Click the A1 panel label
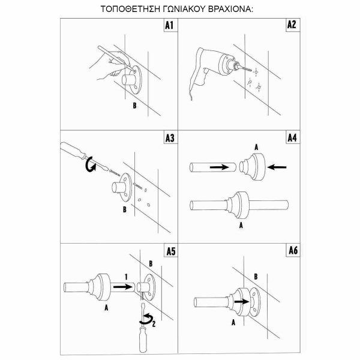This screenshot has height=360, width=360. [x=169, y=25]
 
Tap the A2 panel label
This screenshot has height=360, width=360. [x=292, y=25]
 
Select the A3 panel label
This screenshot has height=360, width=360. [x=170, y=138]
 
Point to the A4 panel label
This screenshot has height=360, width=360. [x=292, y=138]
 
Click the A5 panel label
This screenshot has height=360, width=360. [x=171, y=251]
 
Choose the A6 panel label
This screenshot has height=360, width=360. [x=293, y=250]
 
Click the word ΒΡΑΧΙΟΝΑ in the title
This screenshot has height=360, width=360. [x=230, y=9]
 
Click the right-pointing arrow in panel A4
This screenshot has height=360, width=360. [x=220, y=167]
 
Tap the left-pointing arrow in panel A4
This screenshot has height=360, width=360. [x=277, y=167]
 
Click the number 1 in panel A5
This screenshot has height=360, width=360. [x=126, y=277]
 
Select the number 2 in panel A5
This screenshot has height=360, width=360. [x=154, y=324]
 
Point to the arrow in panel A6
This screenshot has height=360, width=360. [x=242, y=302]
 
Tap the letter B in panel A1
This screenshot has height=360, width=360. [x=134, y=106]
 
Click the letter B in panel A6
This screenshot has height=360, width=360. [x=256, y=277]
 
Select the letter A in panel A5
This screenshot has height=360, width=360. [x=106, y=308]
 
